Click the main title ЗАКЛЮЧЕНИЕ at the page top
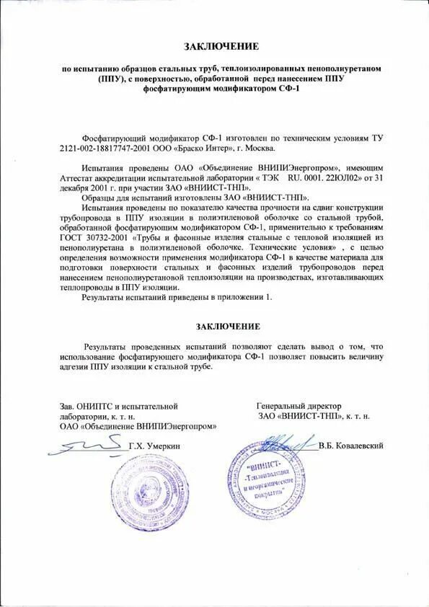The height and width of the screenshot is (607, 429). click(221, 47)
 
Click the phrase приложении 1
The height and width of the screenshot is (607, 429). click(250, 296)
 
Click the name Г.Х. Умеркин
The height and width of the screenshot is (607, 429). click(156, 446)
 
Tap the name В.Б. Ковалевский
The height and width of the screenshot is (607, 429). click(350, 446)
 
